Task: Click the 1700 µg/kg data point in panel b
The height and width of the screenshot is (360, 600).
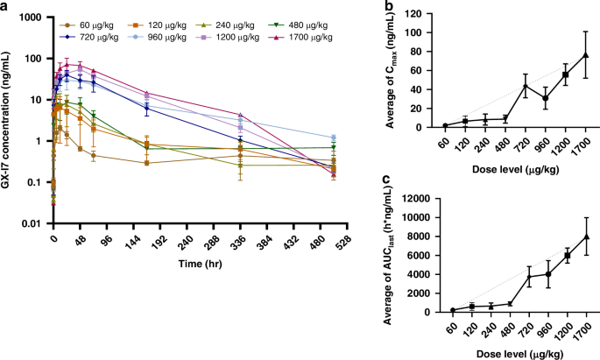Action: (586, 55)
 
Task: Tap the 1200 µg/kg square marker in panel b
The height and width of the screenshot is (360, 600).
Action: (566, 74)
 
